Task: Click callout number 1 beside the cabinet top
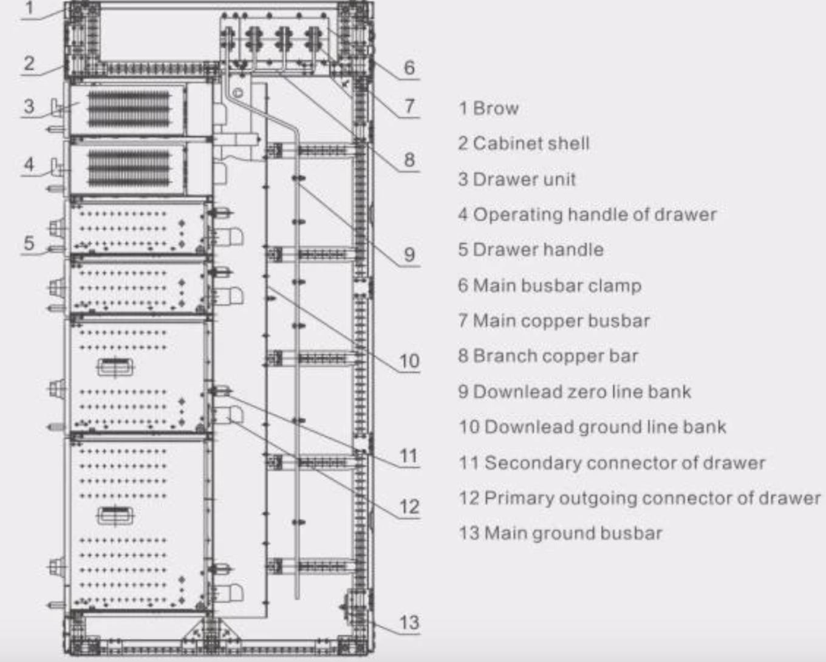(x=29, y=9)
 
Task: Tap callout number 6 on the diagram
(x=409, y=67)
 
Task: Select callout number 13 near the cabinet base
(x=409, y=623)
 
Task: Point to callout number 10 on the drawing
(x=409, y=361)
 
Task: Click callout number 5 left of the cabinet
(x=29, y=243)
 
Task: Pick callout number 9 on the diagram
(x=409, y=254)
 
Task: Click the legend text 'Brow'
(x=496, y=109)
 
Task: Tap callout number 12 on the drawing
(x=409, y=507)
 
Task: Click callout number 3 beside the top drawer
(x=29, y=106)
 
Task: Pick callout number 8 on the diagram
(x=409, y=160)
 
